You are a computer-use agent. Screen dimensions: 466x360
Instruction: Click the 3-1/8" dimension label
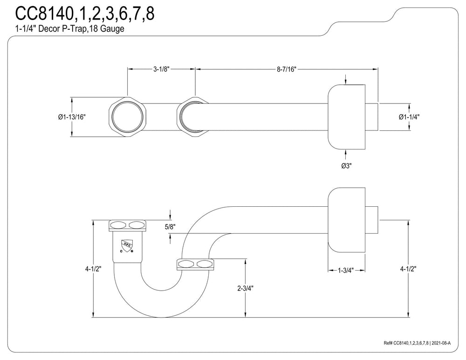pos(161,69)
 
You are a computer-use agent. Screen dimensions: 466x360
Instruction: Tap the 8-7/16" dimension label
pos(287,69)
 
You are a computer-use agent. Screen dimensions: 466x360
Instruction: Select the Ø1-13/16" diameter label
pos(72,117)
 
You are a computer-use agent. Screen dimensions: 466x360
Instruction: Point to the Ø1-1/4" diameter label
pos(409,117)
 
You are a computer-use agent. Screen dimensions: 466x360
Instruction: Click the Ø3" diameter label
pos(346,165)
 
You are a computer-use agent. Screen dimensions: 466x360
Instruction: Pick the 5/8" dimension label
pos(170,227)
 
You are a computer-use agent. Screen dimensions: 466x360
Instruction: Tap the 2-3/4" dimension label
pos(245,288)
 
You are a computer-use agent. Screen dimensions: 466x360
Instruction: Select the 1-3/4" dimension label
pos(346,270)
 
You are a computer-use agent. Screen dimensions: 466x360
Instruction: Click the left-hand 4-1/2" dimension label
pos(93,269)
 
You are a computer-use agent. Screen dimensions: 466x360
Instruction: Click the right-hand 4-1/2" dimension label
pos(408,269)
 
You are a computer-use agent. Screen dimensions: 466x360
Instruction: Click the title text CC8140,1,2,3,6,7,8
pos(85,14)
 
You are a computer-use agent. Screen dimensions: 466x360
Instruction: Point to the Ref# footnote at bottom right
pos(417,343)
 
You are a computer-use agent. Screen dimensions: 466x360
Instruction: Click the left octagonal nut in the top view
pos(128,116)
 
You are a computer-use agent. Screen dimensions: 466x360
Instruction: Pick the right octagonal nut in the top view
pos(194,116)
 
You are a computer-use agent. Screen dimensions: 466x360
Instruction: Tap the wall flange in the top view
pos(347,117)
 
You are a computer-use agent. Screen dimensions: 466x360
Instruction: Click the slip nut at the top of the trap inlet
pos(128,225)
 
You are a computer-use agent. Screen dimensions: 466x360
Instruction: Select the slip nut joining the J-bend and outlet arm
pos(195,265)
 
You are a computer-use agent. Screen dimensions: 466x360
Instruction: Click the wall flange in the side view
pos(347,220)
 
